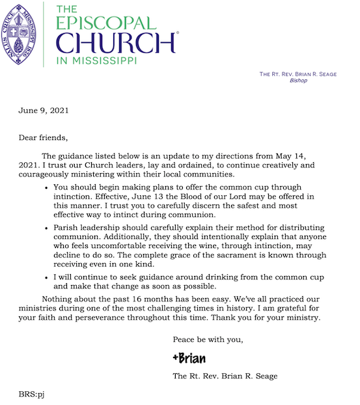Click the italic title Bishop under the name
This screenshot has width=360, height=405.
298,81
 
